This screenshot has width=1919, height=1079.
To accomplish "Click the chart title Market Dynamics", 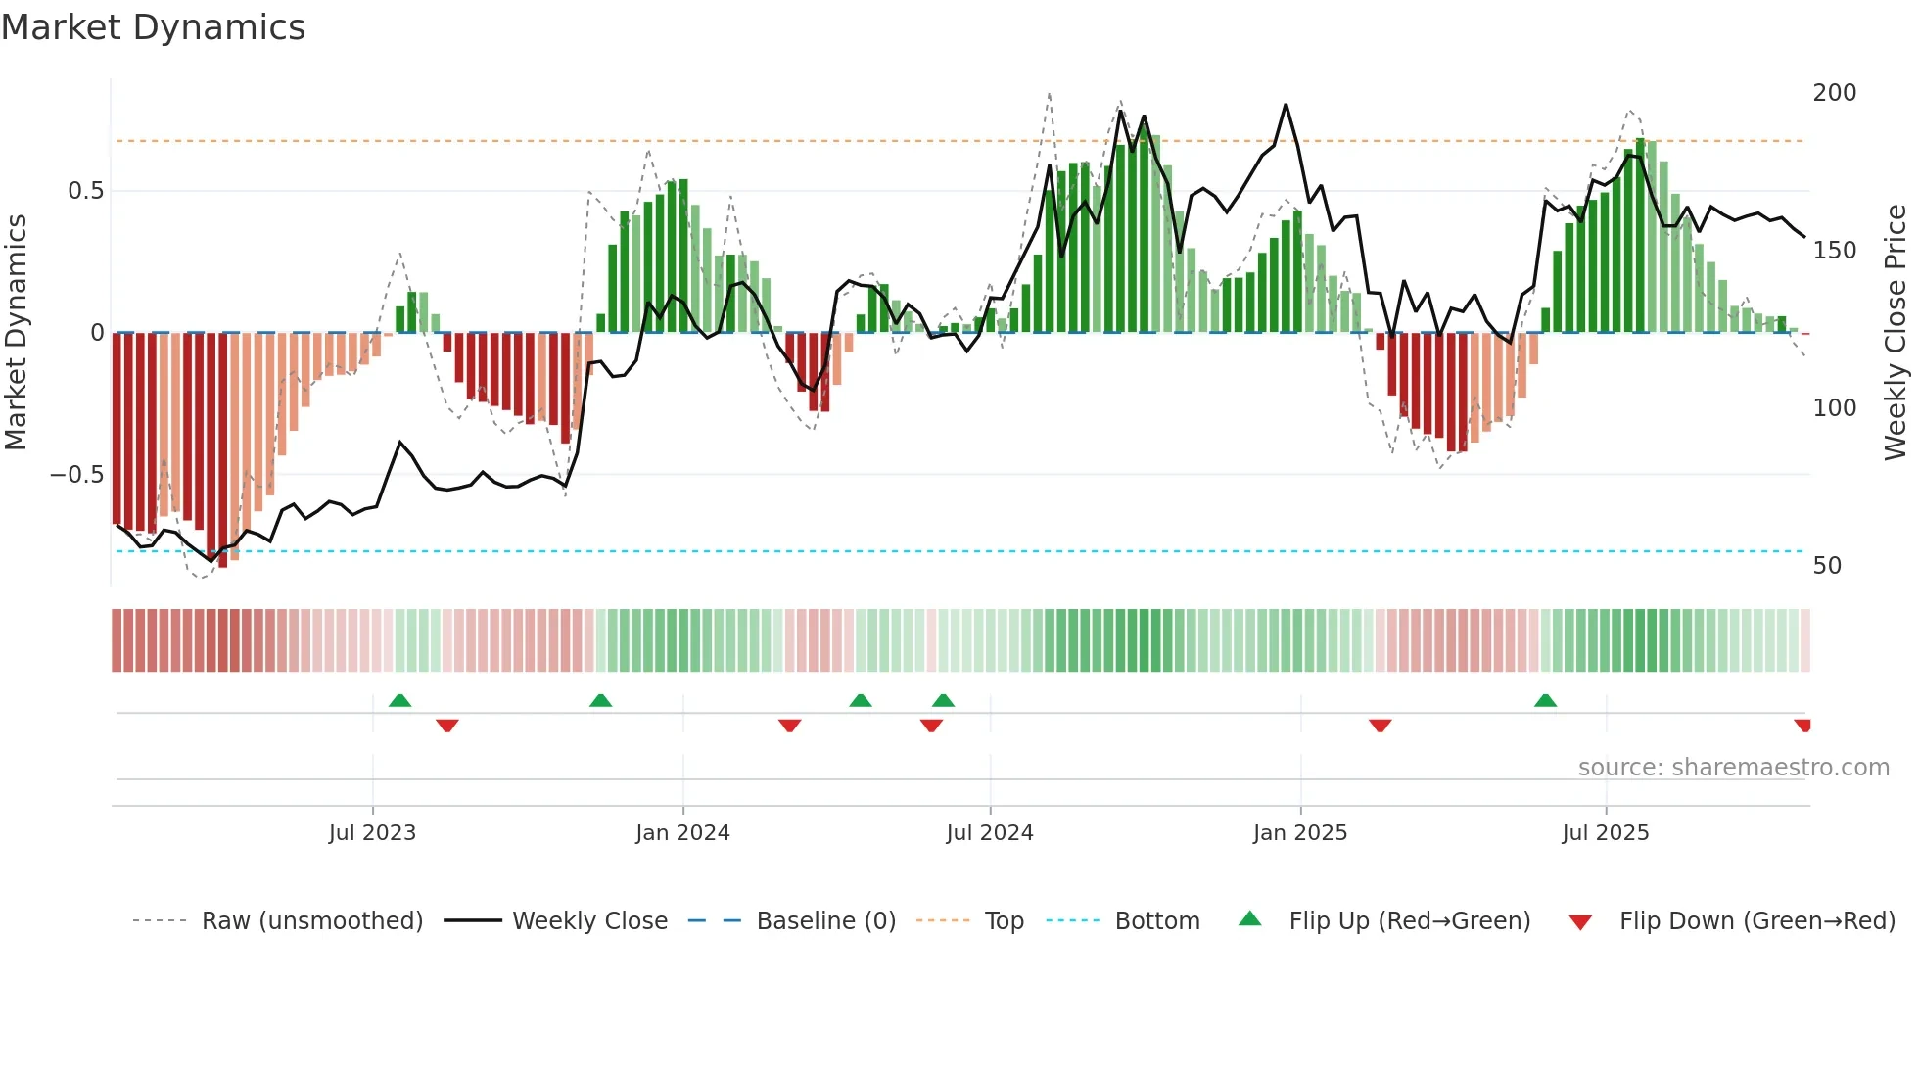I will click(154, 27).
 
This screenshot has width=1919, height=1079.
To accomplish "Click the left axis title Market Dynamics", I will click(16, 332).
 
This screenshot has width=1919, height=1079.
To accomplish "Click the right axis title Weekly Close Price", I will click(1896, 332).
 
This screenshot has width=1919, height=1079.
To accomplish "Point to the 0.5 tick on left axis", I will click(85, 191).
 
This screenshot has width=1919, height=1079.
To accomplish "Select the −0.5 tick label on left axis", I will click(77, 475).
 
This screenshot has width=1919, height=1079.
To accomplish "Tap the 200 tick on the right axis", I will click(1834, 93).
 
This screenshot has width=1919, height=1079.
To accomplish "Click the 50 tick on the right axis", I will click(1827, 566).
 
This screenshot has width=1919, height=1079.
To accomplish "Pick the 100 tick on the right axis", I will click(1834, 408).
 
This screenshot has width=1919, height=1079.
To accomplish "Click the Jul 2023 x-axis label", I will click(372, 833).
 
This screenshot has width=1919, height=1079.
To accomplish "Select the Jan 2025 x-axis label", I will click(1300, 833).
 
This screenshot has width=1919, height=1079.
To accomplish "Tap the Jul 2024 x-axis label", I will click(990, 833).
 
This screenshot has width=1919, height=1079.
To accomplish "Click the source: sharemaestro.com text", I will click(1733, 768).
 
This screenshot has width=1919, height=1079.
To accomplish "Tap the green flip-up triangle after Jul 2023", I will click(399, 701).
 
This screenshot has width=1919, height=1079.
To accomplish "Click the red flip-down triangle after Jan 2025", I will click(1381, 726).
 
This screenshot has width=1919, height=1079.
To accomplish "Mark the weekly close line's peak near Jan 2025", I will click(1286, 105).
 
